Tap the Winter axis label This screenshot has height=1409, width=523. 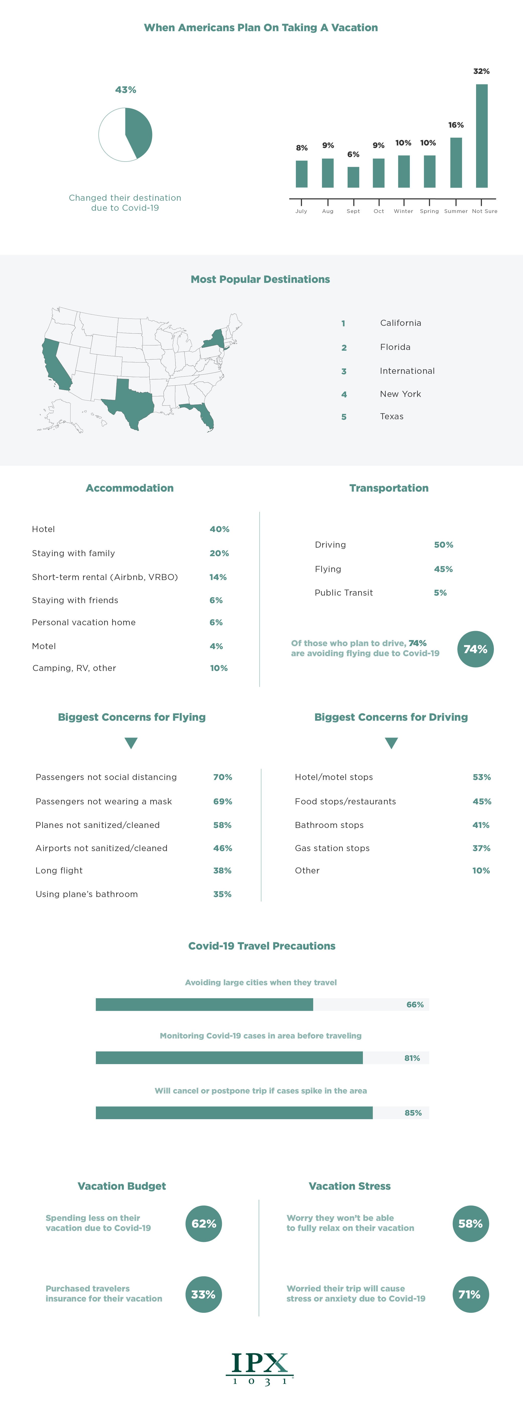tap(403, 211)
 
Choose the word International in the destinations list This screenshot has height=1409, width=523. tap(407, 371)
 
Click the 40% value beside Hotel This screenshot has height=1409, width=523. tap(219, 529)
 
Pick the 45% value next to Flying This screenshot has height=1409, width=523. tap(443, 569)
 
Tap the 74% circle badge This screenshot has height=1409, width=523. tap(475, 649)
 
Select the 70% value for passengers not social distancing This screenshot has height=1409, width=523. tap(222, 777)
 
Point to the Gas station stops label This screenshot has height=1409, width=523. tap(332, 848)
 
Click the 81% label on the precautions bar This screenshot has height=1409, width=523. tap(412, 1058)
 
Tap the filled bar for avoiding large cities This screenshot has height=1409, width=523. tap(204, 1004)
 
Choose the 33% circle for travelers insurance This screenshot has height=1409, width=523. tap(203, 1294)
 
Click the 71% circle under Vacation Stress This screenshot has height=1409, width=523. tap(470, 1294)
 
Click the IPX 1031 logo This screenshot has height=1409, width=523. tap(260, 1369)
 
